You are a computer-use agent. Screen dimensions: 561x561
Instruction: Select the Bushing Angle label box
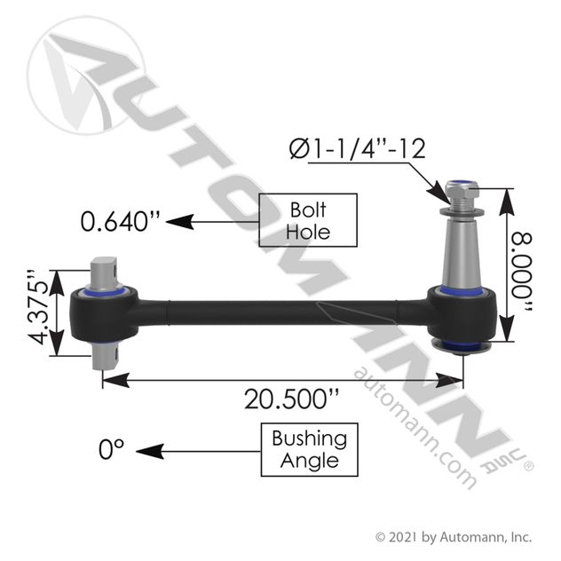(309, 449)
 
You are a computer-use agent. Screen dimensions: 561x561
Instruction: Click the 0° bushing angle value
(109, 449)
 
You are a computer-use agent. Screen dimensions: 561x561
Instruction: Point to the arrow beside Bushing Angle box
(200, 450)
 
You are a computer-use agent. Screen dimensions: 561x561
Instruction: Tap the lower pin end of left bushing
(107, 358)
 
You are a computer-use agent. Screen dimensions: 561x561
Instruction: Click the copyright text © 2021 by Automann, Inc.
(453, 536)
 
